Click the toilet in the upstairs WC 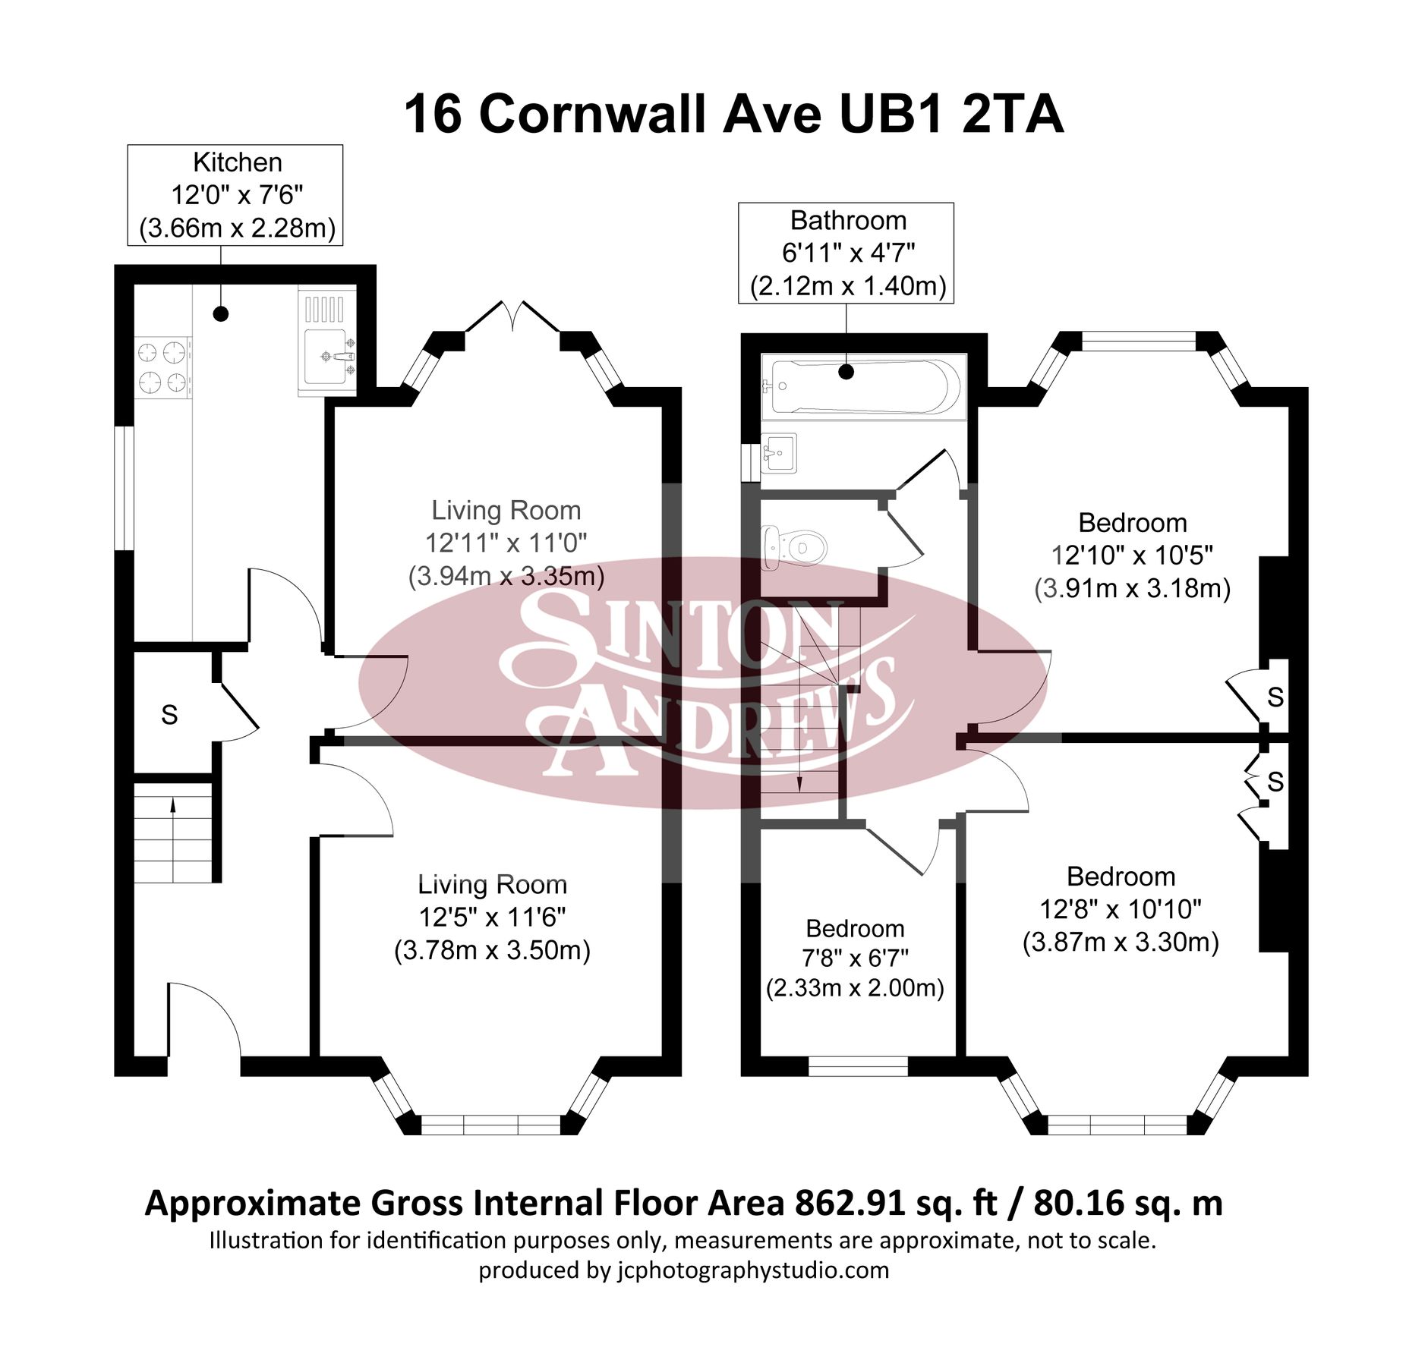[x=794, y=546]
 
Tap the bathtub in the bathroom [x=862, y=386]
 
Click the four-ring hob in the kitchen [x=162, y=367]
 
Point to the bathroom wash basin [x=777, y=453]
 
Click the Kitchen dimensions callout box [x=235, y=195]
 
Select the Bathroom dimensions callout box [x=846, y=253]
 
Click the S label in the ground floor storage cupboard [x=169, y=715]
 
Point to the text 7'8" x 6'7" [x=855, y=958]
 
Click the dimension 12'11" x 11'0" [x=506, y=543]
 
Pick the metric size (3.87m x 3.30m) [x=1121, y=943]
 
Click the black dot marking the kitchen [x=221, y=313]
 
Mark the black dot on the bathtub [x=846, y=372]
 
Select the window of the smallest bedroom [x=858, y=1066]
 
